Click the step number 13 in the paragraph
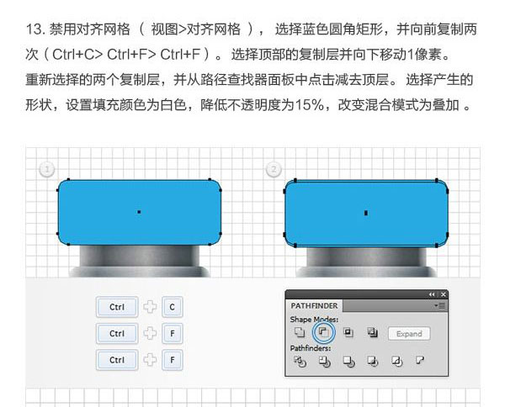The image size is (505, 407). pos(35,29)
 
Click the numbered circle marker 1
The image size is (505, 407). pos(47,169)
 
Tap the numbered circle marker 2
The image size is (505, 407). pos(274,169)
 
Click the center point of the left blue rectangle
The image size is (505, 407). pos(139,212)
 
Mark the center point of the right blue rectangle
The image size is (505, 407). pos(366,213)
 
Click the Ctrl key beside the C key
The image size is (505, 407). pos(117,307)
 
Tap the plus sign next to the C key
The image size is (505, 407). pos(150,307)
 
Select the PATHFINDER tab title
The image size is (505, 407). pos(314,305)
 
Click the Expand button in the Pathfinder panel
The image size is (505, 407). pos(409,334)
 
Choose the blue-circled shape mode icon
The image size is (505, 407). pos(323,332)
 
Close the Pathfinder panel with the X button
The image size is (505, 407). pos(444,294)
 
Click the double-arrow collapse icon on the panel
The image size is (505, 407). pos(432,294)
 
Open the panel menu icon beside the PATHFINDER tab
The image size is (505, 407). pos(440,305)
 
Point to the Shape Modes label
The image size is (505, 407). pos(314,320)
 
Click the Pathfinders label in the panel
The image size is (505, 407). pos(311,348)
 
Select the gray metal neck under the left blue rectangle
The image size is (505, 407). pos(139,256)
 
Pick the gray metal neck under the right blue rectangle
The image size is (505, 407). pos(366,256)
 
